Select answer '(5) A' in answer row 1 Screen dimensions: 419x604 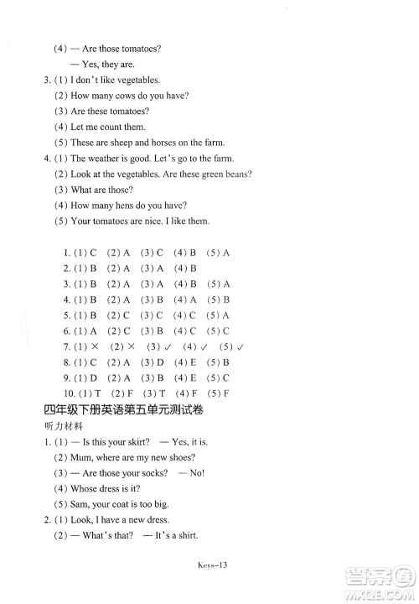point(220,253)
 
